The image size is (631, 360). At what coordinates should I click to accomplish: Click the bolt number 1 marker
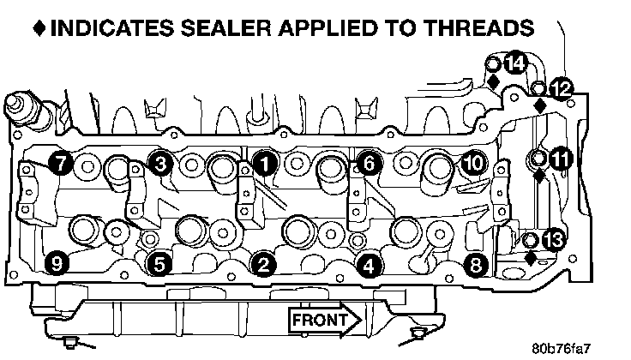tap(265, 161)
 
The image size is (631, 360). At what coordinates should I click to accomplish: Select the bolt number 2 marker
tap(265, 265)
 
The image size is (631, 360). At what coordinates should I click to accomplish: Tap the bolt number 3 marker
tap(160, 161)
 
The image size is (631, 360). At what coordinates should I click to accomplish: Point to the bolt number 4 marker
tap(368, 266)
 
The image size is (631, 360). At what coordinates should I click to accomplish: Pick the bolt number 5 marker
tap(160, 265)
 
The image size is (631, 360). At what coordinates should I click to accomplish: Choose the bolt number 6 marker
tap(366, 161)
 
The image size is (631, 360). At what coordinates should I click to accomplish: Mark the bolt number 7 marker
tap(59, 161)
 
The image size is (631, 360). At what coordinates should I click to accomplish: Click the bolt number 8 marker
tap(473, 265)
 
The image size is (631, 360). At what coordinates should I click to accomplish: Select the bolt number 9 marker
tap(59, 265)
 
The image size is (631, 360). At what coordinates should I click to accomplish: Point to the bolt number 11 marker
tap(561, 159)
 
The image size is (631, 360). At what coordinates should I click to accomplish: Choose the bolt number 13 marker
tap(554, 241)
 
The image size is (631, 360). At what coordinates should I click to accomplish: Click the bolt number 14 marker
tap(515, 63)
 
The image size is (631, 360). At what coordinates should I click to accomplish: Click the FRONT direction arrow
tap(327, 320)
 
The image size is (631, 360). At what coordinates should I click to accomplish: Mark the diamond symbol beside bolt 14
tap(494, 81)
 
